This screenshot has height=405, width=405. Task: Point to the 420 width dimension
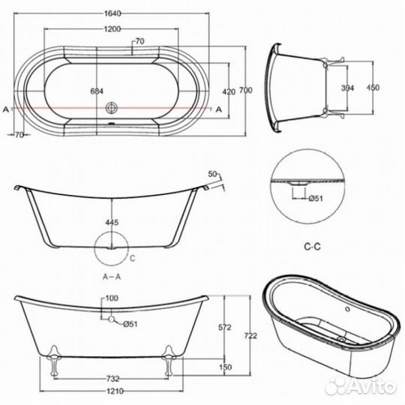(x=229, y=91)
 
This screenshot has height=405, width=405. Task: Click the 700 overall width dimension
(x=244, y=91)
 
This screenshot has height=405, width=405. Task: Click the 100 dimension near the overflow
(x=112, y=299)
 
